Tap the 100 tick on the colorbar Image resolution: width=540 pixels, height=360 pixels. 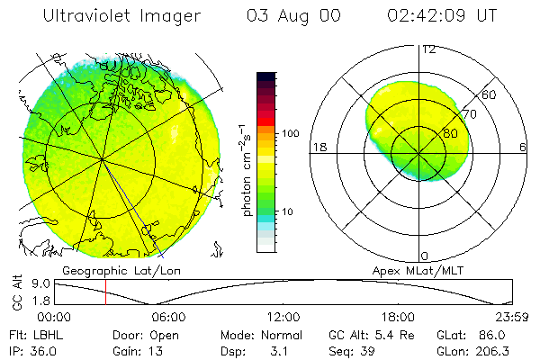[x=290, y=133]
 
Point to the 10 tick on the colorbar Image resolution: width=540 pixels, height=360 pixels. [x=287, y=211]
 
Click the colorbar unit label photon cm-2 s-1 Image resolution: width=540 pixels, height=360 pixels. [x=246, y=171]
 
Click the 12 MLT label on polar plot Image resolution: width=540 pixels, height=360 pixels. [x=429, y=49]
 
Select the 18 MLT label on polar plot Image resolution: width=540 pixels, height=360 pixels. [x=317, y=147]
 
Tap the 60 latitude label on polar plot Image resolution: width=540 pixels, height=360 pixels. [x=489, y=94]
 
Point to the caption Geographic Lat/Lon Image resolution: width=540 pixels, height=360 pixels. [x=106, y=270]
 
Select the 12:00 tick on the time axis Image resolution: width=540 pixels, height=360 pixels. [x=283, y=317]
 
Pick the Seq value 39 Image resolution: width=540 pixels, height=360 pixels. [x=371, y=350]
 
